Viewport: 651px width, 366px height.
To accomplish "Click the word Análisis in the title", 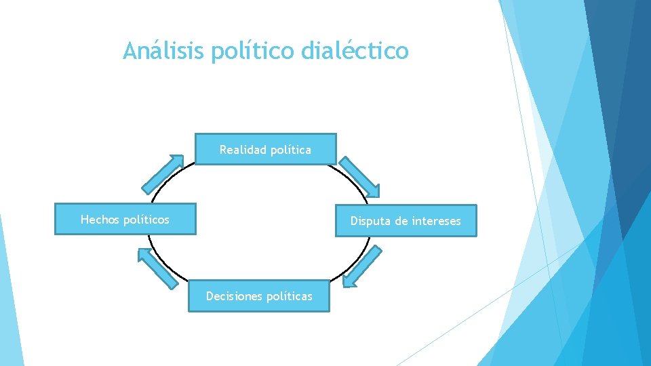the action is pyautogui.click(x=163, y=51).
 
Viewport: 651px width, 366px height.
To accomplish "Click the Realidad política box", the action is pyautogui.click(x=265, y=150).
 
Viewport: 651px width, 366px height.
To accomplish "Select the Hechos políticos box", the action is pyautogui.click(x=125, y=220).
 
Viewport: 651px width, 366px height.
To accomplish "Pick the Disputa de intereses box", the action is pyautogui.click(x=406, y=221).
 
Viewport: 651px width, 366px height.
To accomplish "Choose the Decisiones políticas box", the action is pyautogui.click(x=259, y=296).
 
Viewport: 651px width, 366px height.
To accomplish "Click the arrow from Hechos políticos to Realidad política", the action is pyautogui.click(x=162, y=174).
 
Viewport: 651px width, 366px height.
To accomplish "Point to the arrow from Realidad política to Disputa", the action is pyautogui.click(x=359, y=177).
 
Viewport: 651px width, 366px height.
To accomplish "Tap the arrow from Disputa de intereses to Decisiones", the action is pyautogui.click(x=362, y=266).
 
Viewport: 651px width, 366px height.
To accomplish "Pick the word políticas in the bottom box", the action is pyautogui.click(x=290, y=296).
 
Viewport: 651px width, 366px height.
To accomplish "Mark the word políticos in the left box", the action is pyautogui.click(x=146, y=220).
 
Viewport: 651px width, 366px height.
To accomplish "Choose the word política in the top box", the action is pyautogui.click(x=290, y=150).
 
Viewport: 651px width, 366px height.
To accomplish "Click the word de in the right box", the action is pyautogui.click(x=399, y=221).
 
